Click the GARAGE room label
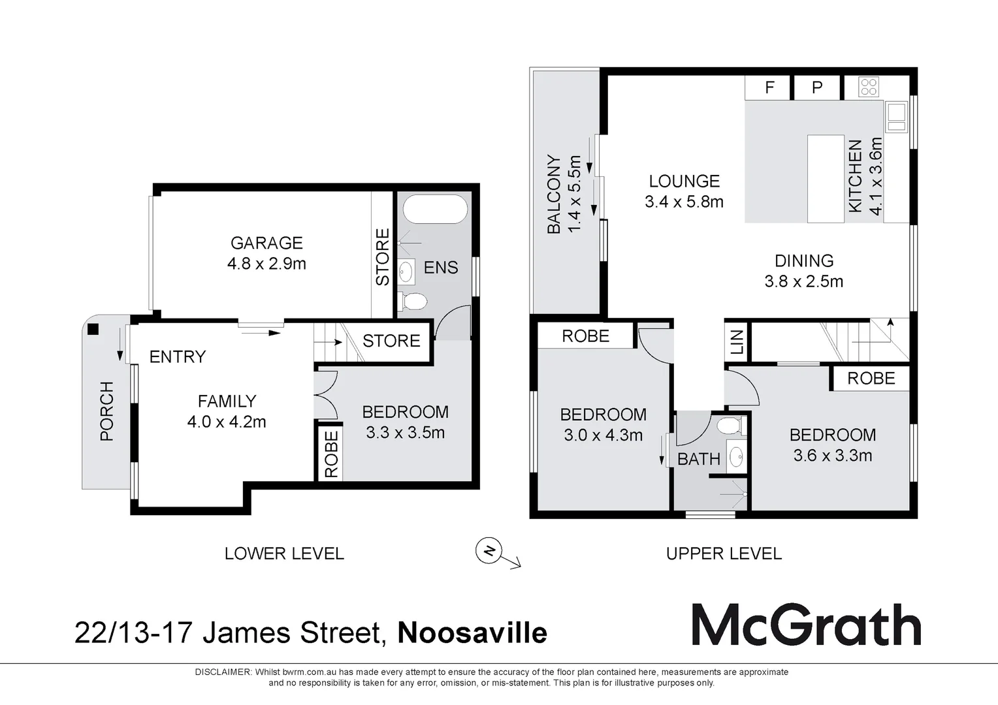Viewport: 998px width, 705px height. [266, 243]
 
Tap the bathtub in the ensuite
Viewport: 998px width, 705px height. [435, 209]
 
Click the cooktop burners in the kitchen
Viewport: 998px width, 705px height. [869, 87]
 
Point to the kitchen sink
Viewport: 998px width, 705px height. [896, 117]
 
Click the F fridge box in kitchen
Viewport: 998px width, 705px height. [769, 87]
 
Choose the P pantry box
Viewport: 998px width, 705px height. [816, 87]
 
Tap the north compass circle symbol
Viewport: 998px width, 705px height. [489, 551]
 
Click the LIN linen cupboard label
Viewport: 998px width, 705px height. [737, 342]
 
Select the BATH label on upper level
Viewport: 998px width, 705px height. [699, 459]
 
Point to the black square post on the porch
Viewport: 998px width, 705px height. [93, 329]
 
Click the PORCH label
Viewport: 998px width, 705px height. [107, 411]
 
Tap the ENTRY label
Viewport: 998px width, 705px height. [178, 356]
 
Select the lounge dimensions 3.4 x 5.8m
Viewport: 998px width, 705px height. [684, 202]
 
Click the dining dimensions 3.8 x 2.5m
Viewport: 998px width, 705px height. [804, 281]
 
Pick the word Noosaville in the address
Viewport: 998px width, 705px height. [472, 633]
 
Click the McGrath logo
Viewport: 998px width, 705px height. [807, 625]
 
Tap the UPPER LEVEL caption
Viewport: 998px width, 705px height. [724, 554]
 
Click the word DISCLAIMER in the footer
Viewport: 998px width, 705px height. [223, 672]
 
